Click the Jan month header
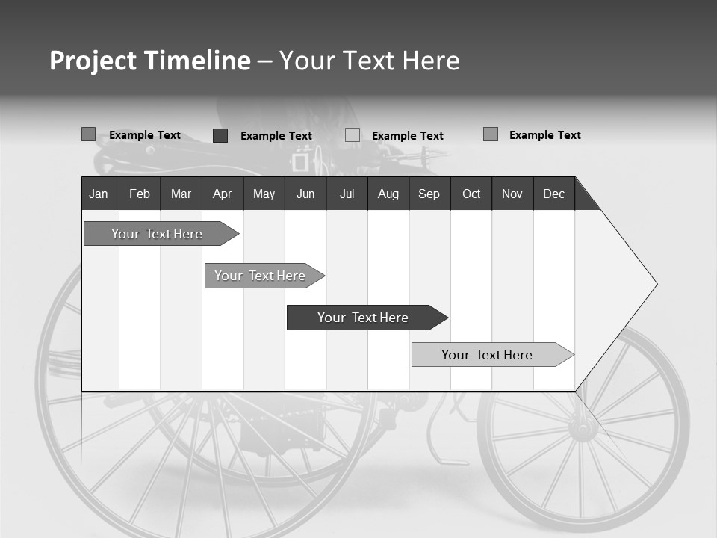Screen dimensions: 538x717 point(99,194)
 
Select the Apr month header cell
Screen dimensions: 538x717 point(222,194)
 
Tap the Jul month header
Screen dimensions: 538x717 point(347,194)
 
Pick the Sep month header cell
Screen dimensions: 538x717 point(429,194)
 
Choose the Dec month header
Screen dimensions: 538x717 point(553,194)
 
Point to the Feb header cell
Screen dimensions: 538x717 point(140,194)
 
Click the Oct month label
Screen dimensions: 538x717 point(471,194)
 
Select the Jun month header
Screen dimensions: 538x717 point(305,194)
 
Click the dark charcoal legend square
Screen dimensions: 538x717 point(220,135)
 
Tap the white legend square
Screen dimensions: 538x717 point(353,135)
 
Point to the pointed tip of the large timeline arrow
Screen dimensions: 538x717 point(655,284)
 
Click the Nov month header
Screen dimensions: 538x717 point(512,194)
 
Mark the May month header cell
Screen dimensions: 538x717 point(264,194)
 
